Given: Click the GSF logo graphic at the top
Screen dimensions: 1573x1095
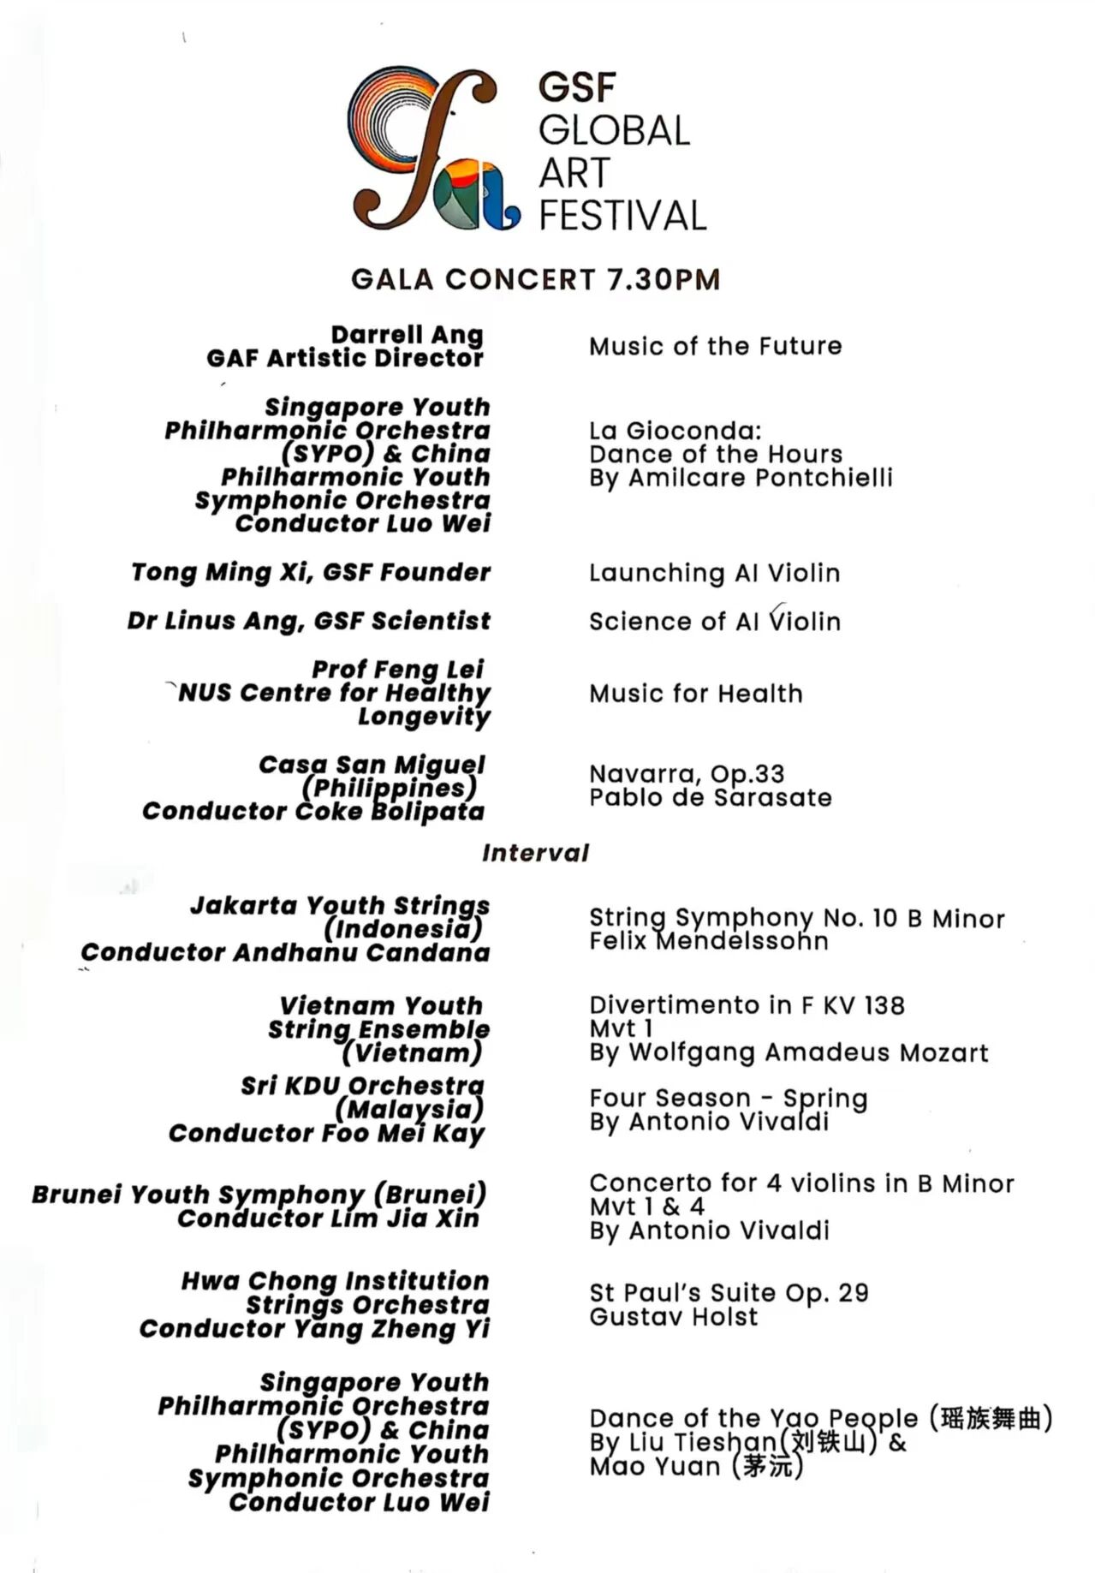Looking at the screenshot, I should (433, 151).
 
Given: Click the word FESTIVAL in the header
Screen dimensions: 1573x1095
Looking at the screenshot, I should (622, 216).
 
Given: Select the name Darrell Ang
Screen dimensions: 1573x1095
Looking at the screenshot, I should (407, 335).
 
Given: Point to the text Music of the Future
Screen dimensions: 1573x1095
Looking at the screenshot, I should (715, 347).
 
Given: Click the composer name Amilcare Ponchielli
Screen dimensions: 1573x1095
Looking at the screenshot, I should (760, 478).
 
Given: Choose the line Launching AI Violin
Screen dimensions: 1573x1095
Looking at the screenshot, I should (714, 573).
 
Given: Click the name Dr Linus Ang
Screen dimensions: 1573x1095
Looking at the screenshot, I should (215, 621).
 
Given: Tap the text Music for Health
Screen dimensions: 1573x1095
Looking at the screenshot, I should (695, 694).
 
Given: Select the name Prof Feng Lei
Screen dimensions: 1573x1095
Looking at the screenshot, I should (397, 669).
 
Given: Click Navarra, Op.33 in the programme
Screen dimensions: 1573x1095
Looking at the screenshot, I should (687, 774).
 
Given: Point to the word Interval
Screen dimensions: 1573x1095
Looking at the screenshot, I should (535, 853).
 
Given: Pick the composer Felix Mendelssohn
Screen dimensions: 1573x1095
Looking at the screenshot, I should (708, 942).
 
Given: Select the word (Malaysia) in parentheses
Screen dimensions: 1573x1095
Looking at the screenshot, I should (409, 1110).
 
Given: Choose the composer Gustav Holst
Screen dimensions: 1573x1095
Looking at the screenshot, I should (673, 1316).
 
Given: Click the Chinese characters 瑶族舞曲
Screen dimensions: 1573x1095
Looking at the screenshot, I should (991, 1419).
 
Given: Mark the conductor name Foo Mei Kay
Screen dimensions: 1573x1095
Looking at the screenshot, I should (402, 1134).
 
